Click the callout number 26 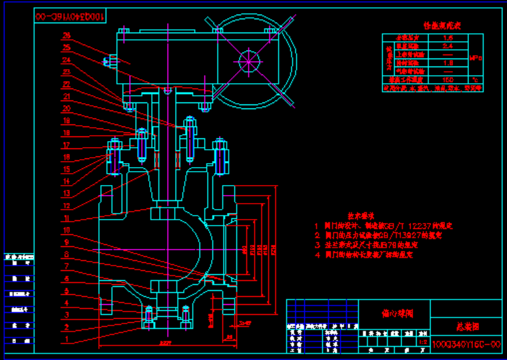click(x=67, y=35)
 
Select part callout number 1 click(x=66, y=339)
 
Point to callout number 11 click(x=67, y=218)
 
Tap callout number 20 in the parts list click(x=67, y=108)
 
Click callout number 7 click(x=66, y=266)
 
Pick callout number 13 click(x=67, y=194)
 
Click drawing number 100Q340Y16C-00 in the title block click(x=466, y=345)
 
